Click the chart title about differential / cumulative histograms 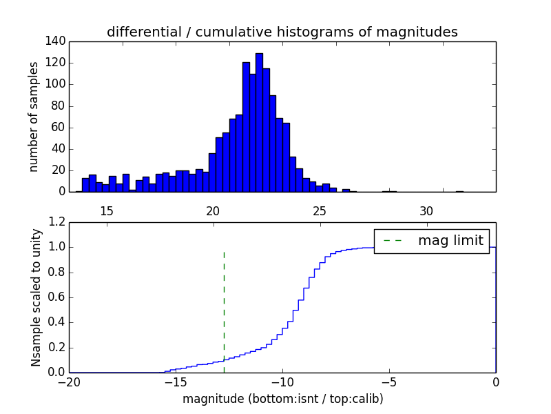click(282, 32)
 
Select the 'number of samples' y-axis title click(34, 117)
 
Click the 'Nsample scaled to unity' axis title click(36, 297)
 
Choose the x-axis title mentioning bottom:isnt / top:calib click(282, 399)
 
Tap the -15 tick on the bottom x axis click(176, 382)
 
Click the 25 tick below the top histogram click(320, 210)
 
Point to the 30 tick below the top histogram click(426, 210)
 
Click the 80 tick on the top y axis click(59, 106)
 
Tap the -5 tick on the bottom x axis click(389, 382)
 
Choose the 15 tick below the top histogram click(107, 210)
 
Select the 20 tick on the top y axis click(59, 170)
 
